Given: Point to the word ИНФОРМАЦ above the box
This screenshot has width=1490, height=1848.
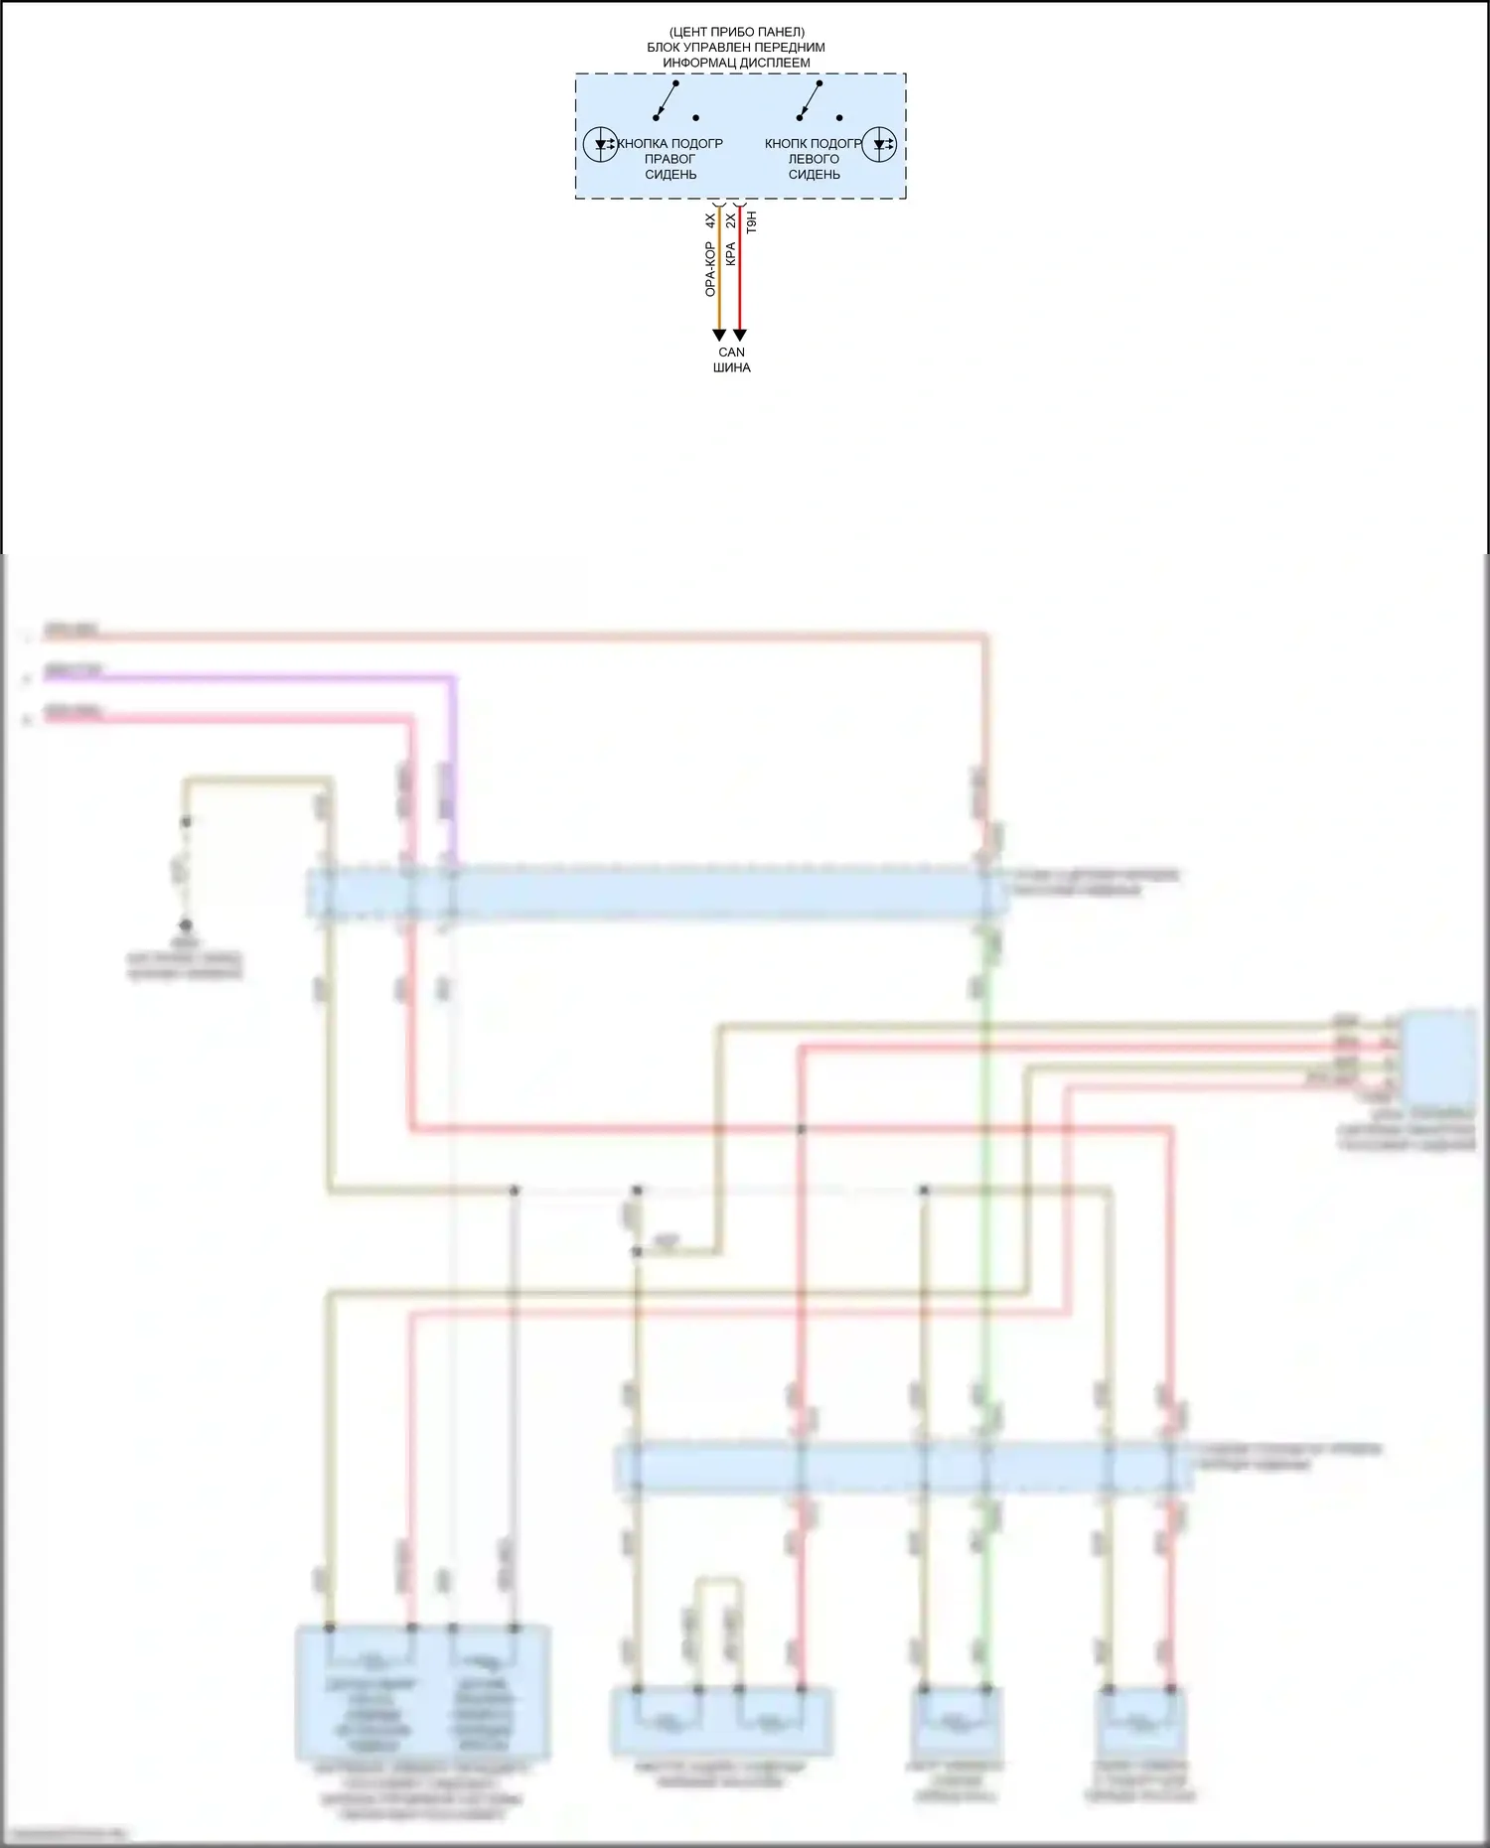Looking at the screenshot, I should pos(696,63).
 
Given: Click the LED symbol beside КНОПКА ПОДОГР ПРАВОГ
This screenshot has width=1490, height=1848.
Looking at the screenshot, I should pos(601,144).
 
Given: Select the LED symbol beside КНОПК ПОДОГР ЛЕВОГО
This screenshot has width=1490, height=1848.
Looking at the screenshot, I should pos(879,144).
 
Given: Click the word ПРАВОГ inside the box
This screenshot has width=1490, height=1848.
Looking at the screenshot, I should pos(670,159).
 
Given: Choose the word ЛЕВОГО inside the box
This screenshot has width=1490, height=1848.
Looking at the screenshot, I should pos(814,159).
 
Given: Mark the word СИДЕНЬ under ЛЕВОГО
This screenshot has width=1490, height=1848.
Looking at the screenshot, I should pos(815,175).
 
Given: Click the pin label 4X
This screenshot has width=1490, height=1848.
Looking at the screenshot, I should pos(710,221).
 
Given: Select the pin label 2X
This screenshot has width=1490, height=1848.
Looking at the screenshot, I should pos(731,221).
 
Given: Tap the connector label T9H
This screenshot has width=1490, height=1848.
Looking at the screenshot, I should pos(752,221).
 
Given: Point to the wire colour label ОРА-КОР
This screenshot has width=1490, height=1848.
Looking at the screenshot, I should pos(710,269).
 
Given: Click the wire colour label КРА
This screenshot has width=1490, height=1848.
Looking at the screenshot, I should pos(731,254).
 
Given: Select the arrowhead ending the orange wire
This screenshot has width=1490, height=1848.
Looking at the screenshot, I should pos(719,336).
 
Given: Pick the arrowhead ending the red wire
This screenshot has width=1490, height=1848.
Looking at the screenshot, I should pos(739,336).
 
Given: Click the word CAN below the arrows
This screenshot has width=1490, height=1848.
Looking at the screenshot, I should pos(731,353).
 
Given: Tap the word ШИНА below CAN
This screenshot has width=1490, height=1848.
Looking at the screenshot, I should pos(731,367).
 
